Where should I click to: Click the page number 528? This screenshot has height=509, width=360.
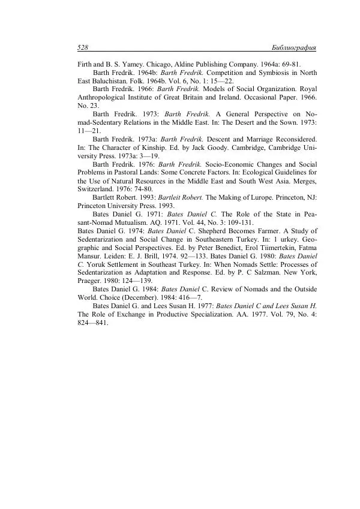[x=83, y=47]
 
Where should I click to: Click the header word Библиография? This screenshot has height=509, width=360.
[x=294, y=47]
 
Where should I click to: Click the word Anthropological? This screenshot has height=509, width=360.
[x=103, y=97]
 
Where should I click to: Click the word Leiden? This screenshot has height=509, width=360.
[x=120, y=255]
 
